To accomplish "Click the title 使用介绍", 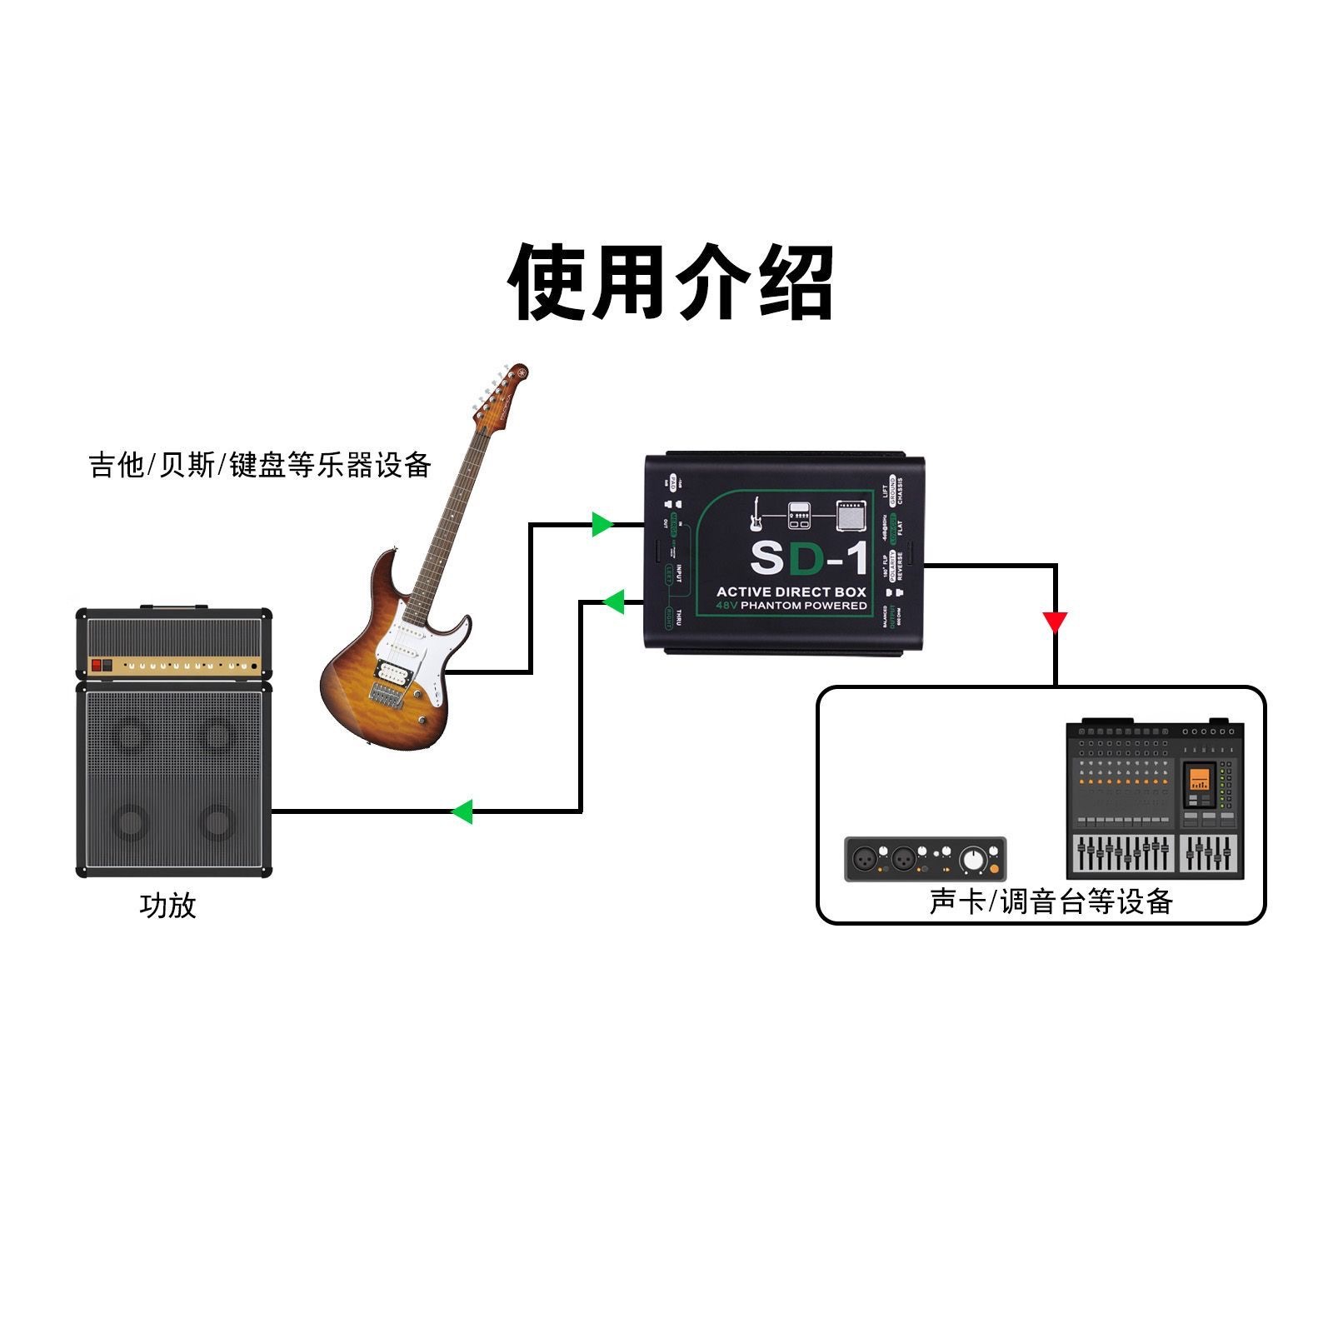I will pos(671,282).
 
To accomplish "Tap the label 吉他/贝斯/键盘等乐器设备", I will pos(260,465).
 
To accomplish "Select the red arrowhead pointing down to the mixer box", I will pos(1055,622).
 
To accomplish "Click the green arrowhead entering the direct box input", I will pos(602,524).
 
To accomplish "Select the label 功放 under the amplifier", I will pos(167,905).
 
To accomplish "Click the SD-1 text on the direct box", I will pos(807,558).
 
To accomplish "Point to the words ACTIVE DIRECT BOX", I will pos(791,592).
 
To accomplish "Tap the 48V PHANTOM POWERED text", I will pos(791,606).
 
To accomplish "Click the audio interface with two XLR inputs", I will pos(926,859).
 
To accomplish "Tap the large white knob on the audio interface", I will pos(972,859).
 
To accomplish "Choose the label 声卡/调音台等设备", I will pos(1051,901).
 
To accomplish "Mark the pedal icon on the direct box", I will pos(801,517).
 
